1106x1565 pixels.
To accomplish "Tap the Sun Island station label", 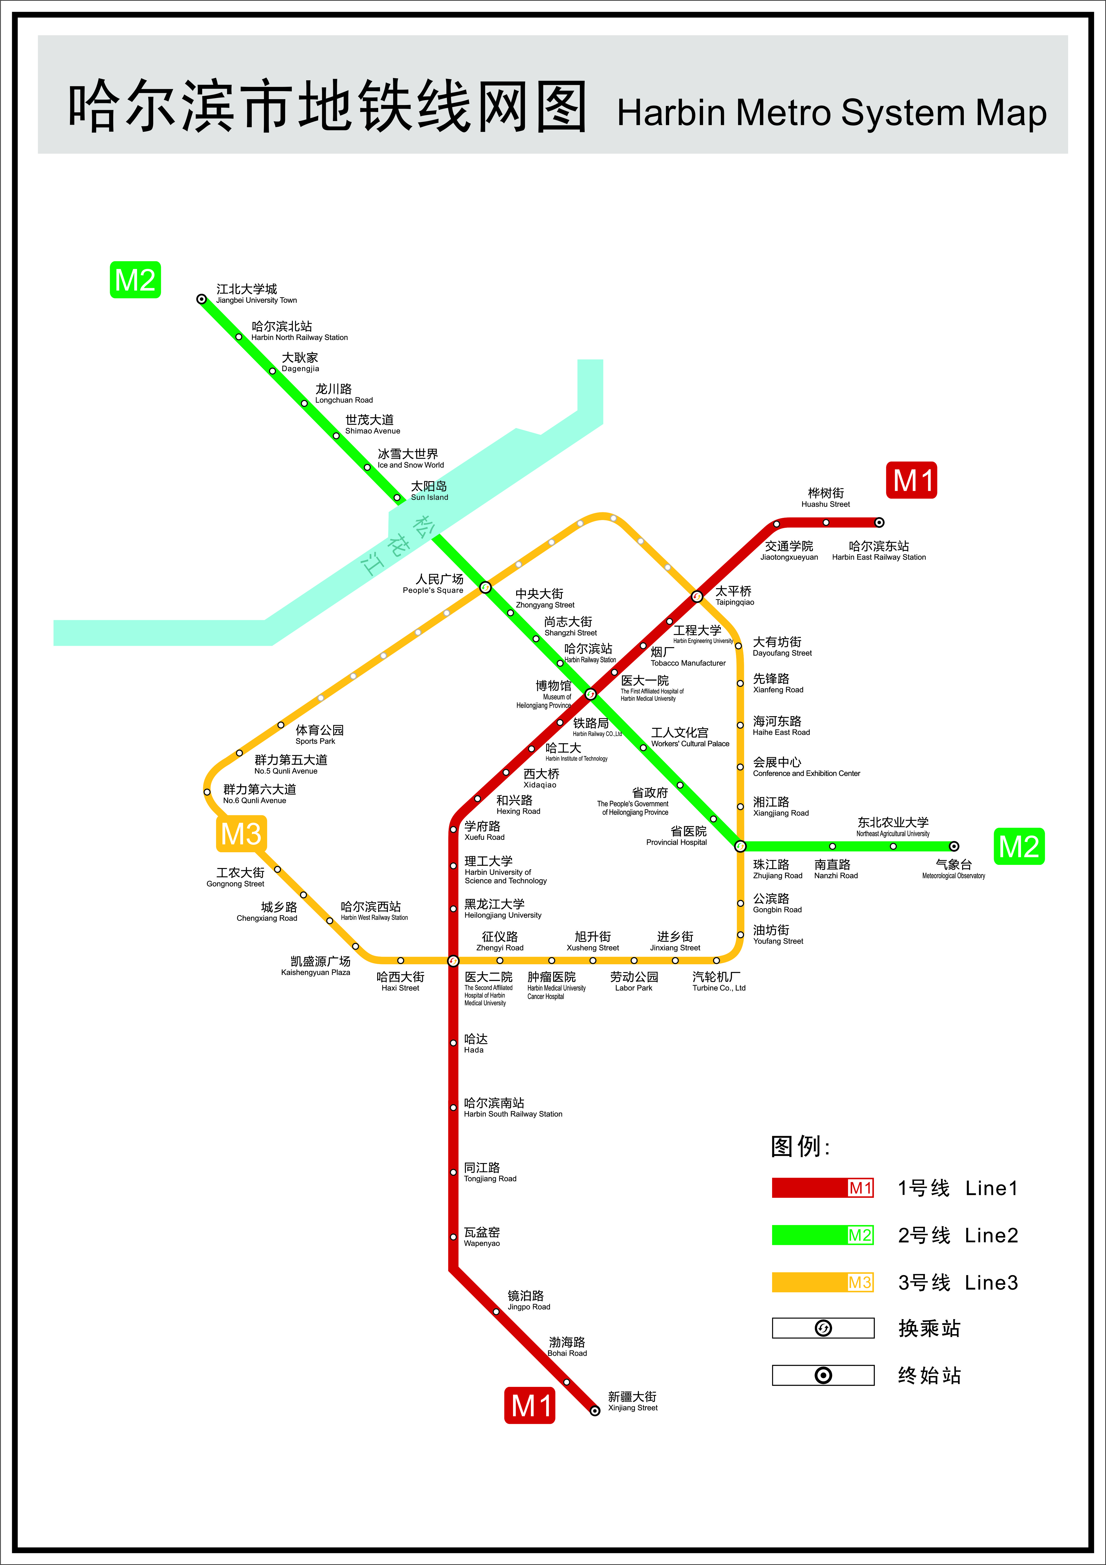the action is click(429, 491).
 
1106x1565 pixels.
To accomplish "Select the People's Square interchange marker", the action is click(485, 587).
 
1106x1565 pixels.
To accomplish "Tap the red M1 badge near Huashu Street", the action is click(911, 480).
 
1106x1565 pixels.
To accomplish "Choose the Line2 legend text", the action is click(992, 1235).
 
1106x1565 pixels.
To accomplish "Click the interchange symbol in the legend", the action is click(823, 1328).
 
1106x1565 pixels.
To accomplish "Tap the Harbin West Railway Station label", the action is click(374, 911).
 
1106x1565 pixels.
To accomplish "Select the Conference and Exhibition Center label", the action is click(806, 767).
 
